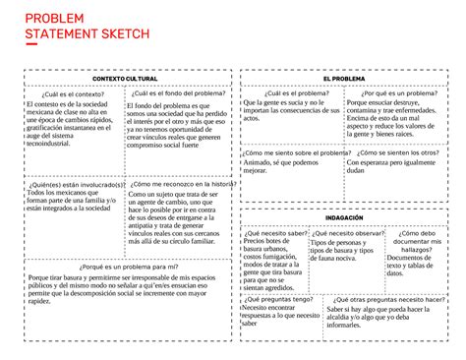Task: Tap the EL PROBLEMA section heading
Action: pyautogui.click(x=343, y=79)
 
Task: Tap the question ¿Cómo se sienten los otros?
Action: pyautogui.click(x=399, y=153)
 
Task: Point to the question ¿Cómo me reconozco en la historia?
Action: pyautogui.click(x=182, y=184)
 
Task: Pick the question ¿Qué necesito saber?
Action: pyautogui.click(x=277, y=232)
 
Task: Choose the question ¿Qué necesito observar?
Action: pyautogui.click(x=346, y=232)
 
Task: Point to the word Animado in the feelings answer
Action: pyautogui.click(x=259, y=164)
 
